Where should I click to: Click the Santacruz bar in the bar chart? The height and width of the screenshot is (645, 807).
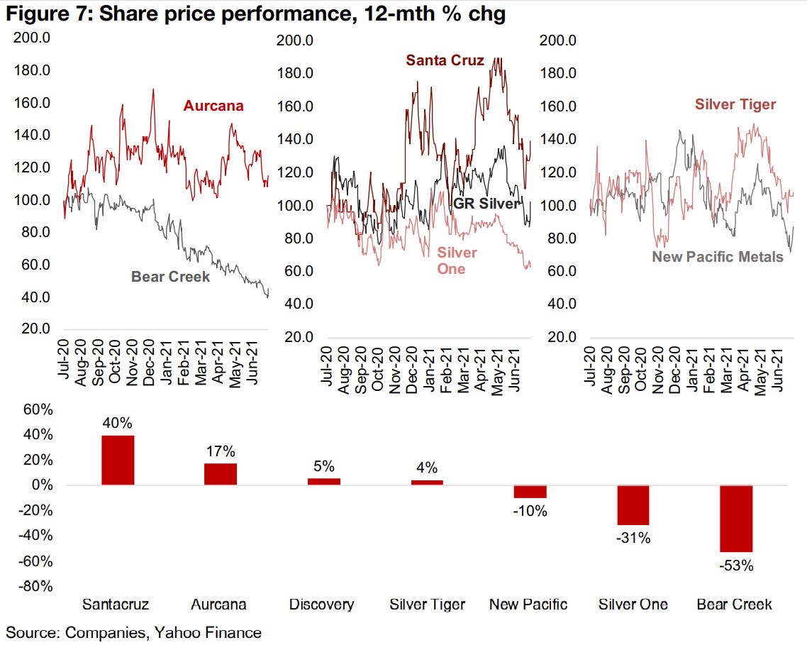tap(118, 460)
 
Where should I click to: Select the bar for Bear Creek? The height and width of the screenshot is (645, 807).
tap(736, 519)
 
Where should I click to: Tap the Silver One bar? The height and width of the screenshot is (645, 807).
tap(633, 505)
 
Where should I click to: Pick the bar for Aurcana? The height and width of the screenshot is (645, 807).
tap(221, 474)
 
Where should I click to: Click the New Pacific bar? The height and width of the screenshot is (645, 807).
tap(530, 492)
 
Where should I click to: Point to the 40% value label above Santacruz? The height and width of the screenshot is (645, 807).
tap(118, 423)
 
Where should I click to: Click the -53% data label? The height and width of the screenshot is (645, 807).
tap(735, 566)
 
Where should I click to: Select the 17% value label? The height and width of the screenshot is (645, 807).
tap(221, 452)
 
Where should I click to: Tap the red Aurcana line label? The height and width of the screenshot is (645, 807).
tap(213, 106)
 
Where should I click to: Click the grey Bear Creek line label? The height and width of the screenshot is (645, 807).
tap(170, 277)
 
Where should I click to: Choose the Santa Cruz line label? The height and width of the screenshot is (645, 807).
tap(445, 60)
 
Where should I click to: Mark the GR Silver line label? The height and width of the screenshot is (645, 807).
tap(486, 204)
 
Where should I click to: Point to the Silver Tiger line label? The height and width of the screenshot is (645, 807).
tap(735, 105)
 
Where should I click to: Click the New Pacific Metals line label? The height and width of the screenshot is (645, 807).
tap(718, 257)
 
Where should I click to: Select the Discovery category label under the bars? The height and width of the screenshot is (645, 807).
tap(321, 605)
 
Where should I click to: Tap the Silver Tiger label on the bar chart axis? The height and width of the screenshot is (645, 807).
tap(427, 605)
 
